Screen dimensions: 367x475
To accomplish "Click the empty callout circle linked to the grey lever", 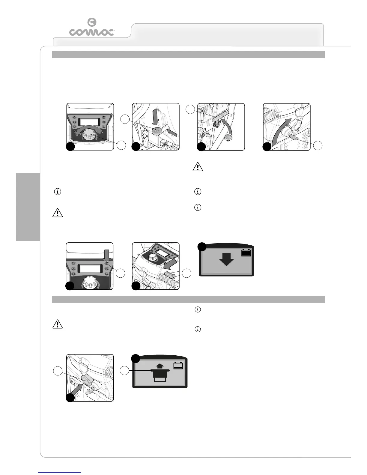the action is click(x=191, y=110).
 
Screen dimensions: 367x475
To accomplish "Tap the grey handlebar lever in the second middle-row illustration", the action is click(x=169, y=273).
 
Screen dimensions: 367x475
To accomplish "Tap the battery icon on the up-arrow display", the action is click(x=178, y=366).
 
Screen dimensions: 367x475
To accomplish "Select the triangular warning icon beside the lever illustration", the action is click(x=198, y=167).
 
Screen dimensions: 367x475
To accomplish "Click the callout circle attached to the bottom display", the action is click(x=125, y=371).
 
